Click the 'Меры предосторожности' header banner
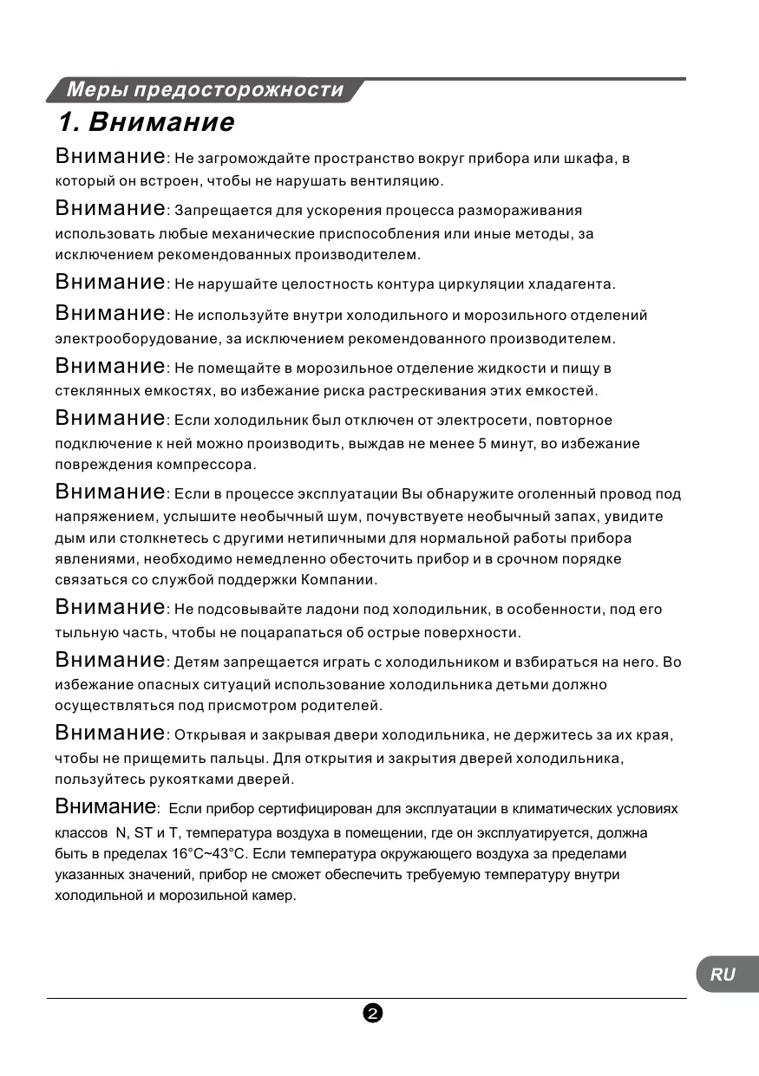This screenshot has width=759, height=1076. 205,90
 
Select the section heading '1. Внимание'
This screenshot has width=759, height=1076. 146,121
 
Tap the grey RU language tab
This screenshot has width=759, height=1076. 723,974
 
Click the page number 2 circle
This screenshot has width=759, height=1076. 373,1014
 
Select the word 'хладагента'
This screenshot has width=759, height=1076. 574,284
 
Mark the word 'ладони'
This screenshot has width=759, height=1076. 312,610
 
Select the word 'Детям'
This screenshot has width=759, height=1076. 197,663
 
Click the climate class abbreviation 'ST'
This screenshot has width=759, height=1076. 143,833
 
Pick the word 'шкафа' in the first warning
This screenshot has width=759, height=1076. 592,159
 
